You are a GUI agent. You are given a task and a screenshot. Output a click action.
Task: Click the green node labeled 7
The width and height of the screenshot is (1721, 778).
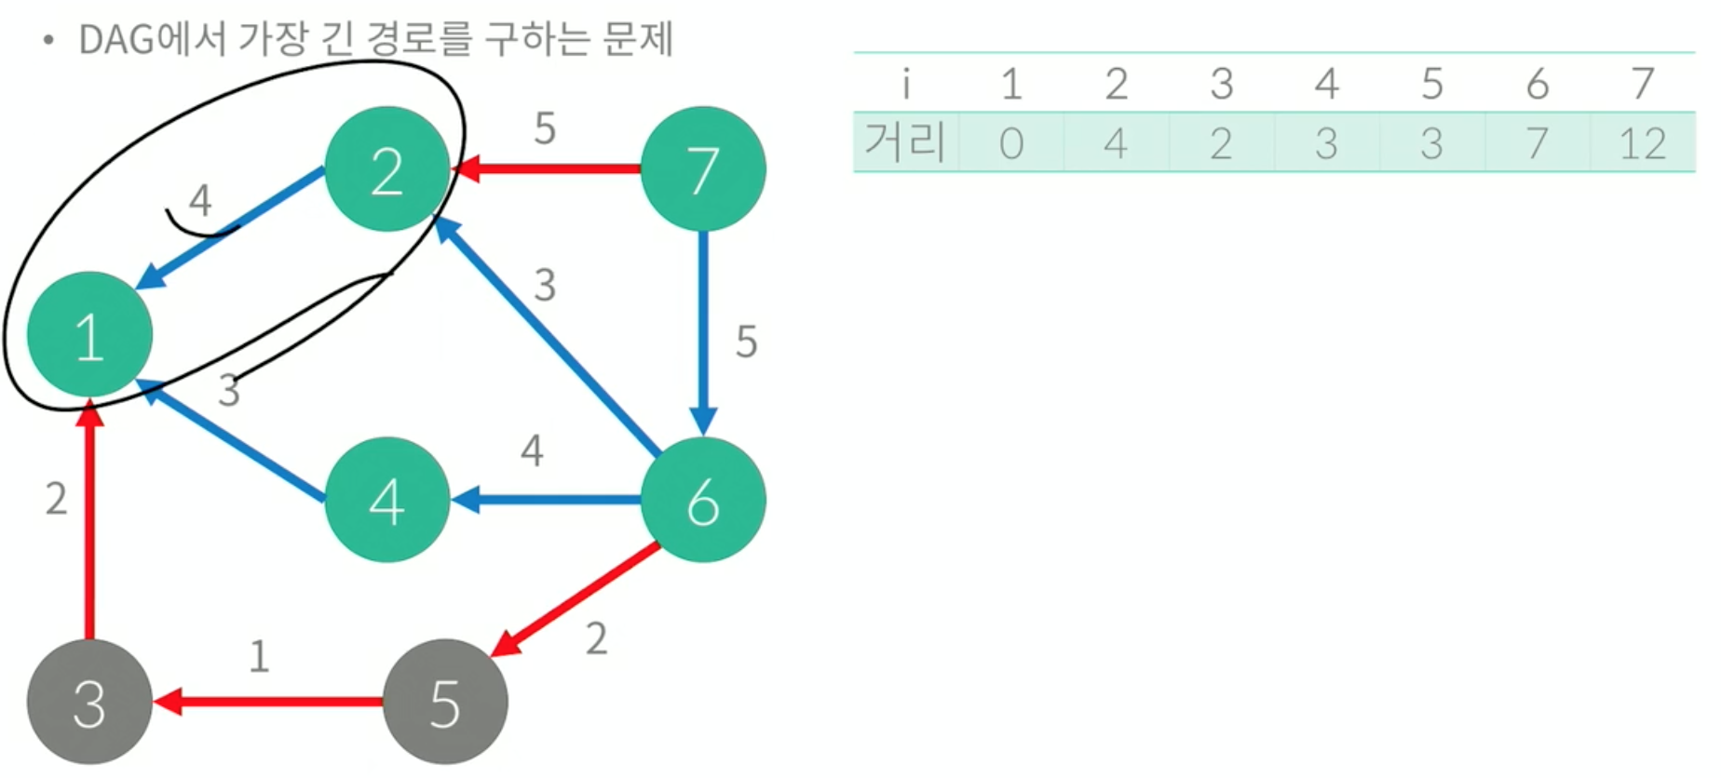point(703,169)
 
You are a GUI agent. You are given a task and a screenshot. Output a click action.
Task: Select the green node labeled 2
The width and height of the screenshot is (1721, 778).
point(387,169)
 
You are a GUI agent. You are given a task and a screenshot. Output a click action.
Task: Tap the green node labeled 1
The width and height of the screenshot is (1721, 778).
point(89,335)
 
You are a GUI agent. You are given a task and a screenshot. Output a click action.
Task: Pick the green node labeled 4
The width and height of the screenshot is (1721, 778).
point(387,500)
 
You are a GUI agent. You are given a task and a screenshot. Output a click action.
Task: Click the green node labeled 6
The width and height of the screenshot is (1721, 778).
point(703,500)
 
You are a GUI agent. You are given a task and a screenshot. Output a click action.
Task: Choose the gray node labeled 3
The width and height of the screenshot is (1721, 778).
point(89,703)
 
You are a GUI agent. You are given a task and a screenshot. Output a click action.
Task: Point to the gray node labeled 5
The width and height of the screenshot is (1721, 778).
point(445,703)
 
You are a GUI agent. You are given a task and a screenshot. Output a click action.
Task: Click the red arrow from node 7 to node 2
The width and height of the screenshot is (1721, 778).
point(549,169)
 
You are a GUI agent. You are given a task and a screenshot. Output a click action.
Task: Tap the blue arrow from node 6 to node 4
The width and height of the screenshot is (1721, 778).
point(549,501)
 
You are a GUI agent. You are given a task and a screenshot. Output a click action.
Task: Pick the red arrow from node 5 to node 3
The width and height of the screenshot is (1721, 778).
point(270,701)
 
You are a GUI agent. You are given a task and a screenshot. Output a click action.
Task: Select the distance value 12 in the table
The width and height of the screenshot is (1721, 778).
point(1642,143)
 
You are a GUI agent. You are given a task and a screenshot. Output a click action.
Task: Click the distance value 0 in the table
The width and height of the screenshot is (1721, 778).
point(1011,143)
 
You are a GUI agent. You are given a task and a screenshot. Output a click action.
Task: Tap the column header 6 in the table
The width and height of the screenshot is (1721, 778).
point(1537,85)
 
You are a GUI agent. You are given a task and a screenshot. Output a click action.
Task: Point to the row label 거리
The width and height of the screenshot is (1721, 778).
point(904,142)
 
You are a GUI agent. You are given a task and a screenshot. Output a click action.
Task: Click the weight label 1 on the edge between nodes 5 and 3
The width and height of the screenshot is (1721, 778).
point(259,657)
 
